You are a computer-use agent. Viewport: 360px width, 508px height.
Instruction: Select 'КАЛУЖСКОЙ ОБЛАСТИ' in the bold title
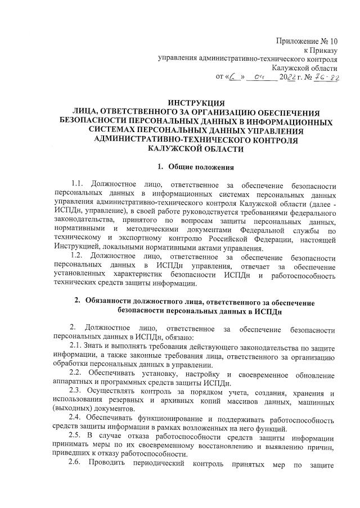(196, 148)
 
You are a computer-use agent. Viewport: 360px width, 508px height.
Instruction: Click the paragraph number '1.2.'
(79, 257)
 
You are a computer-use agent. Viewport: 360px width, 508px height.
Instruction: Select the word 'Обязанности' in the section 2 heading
(108, 302)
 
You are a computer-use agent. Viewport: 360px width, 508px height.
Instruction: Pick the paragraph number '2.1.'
(78, 344)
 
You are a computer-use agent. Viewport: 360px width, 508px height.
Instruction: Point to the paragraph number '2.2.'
(78, 374)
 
